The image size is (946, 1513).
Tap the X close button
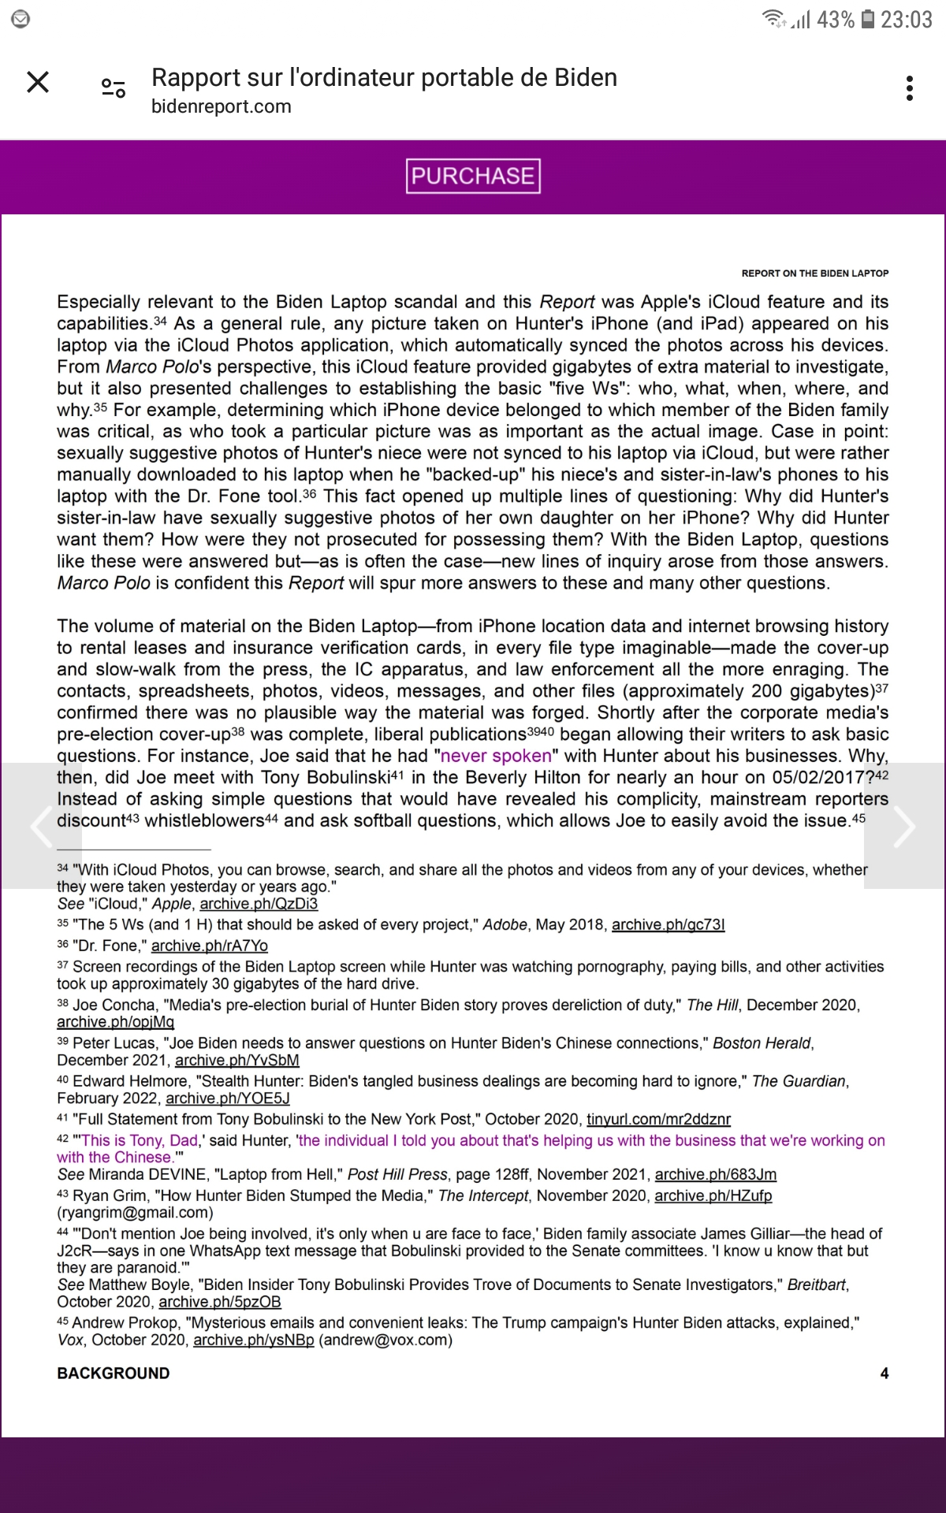(38, 82)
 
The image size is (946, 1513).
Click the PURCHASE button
(473, 176)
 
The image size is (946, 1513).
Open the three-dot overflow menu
(910, 88)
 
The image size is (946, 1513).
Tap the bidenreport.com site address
(222, 106)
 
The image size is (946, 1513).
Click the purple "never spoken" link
(496, 756)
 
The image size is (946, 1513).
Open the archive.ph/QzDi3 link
(259, 904)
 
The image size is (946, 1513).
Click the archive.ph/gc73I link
(668, 924)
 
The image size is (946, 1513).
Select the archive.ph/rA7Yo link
(209, 946)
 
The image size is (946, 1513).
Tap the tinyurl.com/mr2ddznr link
(658, 1119)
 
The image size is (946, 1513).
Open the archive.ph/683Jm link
(715, 1174)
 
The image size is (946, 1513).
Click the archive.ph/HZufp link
(713, 1195)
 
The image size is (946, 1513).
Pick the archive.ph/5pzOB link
(220, 1302)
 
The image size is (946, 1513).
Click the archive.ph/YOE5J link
(227, 1098)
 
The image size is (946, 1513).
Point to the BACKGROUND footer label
(114, 1373)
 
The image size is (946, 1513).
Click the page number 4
(884, 1373)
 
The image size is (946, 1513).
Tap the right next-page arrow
(904, 826)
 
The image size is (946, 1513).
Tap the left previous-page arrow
(41, 826)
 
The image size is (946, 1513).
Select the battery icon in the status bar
(867, 19)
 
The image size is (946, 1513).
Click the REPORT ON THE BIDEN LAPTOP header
(814, 273)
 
